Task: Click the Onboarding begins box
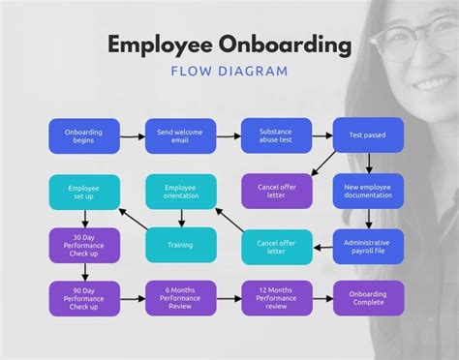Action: point(84,135)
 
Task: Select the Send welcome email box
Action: point(180,135)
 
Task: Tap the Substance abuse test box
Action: point(276,135)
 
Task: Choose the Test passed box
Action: point(367,135)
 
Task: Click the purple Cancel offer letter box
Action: point(276,190)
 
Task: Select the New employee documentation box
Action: point(367,190)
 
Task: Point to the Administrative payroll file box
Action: point(367,245)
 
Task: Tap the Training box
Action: point(180,245)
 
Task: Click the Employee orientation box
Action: point(180,191)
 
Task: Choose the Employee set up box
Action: point(84,191)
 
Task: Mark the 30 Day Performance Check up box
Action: point(84,245)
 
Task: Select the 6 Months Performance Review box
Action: point(180,298)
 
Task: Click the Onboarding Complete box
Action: point(367,298)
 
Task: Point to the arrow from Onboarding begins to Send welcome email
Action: point(133,135)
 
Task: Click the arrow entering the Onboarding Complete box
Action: point(322,298)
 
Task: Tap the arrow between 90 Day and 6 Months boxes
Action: point(133,298)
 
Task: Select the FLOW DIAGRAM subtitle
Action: point(229,71)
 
